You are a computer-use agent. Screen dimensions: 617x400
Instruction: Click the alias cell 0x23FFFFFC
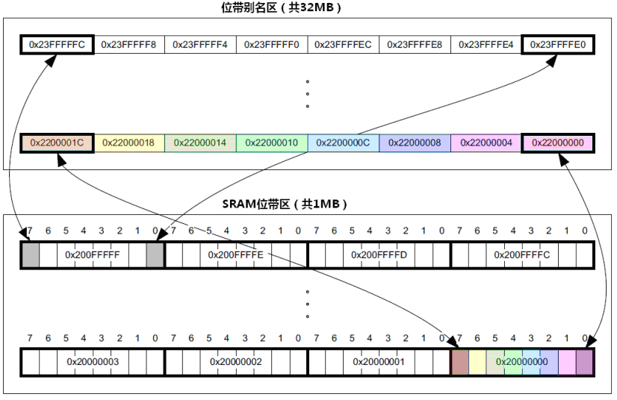tap(57, 45)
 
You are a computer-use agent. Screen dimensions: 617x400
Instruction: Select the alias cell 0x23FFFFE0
tap(557, 45)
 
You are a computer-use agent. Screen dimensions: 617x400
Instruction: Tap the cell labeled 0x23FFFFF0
tap(271, 45)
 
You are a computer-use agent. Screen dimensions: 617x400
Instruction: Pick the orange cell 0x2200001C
tap(57, 143)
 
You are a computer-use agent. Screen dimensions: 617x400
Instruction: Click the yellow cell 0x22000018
tap(129, 143)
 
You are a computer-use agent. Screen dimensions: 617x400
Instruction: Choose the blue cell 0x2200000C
tap(343, 143)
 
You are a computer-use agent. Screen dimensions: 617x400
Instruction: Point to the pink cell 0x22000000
tap(557, 143)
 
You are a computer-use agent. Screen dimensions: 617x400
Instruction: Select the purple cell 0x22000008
tap(415, 143)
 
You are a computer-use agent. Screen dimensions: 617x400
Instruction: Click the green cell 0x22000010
tap(271, 143)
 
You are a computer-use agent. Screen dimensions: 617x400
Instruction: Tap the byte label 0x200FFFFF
tap(93, 255)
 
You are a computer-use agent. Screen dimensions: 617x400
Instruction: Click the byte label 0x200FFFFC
tap(522, 255)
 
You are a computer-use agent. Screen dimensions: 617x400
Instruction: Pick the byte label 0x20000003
tap(93, 362)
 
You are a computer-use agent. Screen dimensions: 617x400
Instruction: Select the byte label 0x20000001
tap(379, 362)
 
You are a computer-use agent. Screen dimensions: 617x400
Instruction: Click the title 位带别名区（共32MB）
tap(281, 7)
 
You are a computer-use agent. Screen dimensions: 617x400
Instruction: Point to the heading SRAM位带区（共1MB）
tap(285, 204)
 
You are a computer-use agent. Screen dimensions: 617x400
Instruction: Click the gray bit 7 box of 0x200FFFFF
tap(31, 255)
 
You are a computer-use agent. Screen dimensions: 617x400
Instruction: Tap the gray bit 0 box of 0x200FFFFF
tap(155, 255)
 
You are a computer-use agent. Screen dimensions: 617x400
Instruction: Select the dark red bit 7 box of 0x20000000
tap(459, 362)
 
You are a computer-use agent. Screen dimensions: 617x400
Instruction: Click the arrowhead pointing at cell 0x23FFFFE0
tap(552, 60)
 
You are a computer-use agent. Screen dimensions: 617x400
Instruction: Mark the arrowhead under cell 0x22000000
tap(563, 159)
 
